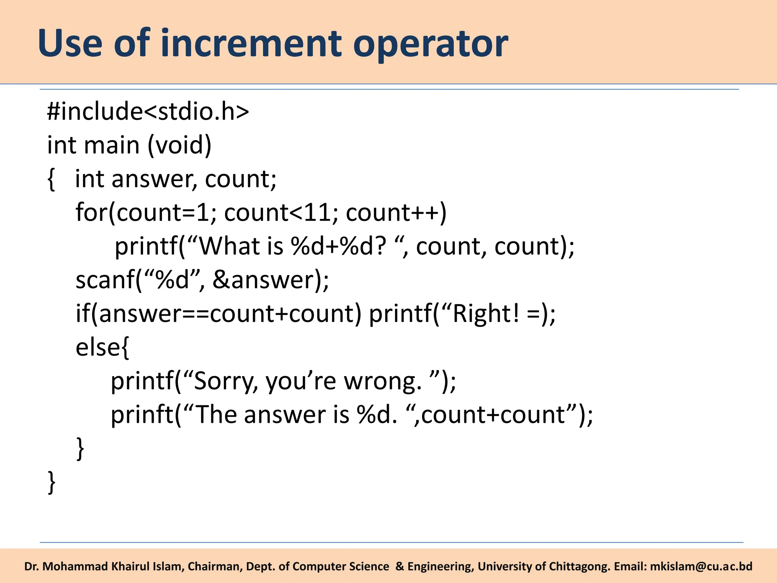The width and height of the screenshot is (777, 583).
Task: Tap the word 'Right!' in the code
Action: (x=486, y=314)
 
